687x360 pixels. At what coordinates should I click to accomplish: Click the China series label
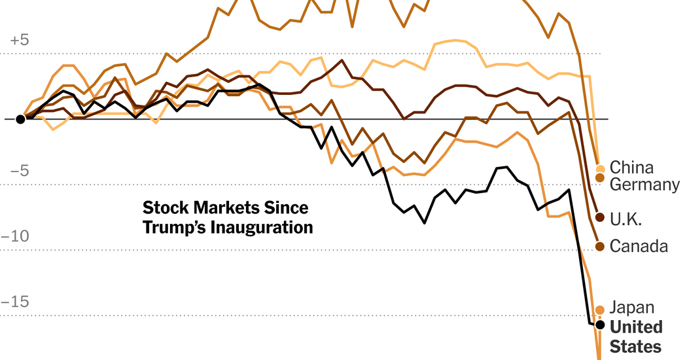631,168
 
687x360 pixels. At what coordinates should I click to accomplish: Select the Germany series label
644,185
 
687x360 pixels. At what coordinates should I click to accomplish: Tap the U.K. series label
625,219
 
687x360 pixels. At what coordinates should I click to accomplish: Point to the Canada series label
639,246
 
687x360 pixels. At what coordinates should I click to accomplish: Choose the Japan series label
631,307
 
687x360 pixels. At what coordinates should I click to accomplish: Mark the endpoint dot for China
601,169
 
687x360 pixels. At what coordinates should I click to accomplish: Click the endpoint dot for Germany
601,178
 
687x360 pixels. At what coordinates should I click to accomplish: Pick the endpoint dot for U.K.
601,217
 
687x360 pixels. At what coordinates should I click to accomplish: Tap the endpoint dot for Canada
601,246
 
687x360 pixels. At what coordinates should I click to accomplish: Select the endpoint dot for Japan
600,310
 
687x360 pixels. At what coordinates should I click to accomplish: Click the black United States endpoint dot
600,325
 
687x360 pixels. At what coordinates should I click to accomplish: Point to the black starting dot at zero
20,119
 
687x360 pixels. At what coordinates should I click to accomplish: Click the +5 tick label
20,40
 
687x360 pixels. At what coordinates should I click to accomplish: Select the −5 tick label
20,171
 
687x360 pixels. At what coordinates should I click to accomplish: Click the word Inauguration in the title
262,228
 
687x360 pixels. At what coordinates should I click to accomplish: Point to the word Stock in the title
163,208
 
